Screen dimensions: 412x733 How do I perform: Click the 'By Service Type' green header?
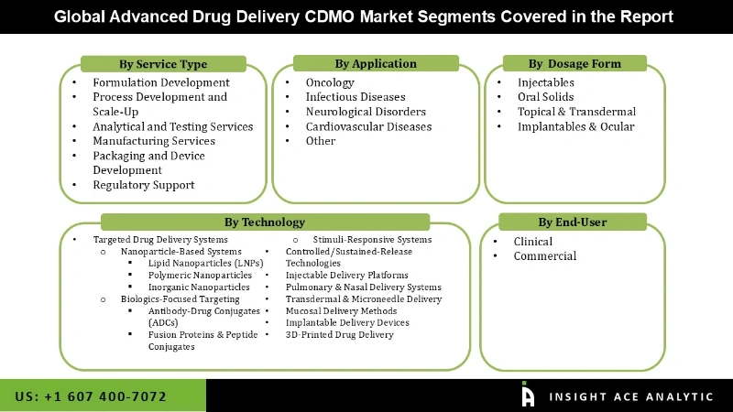tap(163, 64)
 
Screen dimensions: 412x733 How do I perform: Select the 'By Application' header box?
tap(376, 64)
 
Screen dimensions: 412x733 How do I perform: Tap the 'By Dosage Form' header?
tap(574, 64)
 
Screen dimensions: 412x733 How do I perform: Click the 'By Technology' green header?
tap(265, 222)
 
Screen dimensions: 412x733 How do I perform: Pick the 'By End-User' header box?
tap(573, 222)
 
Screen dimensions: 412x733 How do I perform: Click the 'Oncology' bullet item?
tap(331, 82)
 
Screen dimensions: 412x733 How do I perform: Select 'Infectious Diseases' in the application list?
tap(356, 97)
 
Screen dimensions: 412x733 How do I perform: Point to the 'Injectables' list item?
tap(546, 82)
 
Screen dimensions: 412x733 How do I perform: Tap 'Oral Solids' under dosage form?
tap(546, 97)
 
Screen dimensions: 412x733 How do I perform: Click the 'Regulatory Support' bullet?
tap(144, 185)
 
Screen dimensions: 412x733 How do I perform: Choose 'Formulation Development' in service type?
tap(161, 82)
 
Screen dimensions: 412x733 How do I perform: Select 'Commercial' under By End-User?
tap(545, 256)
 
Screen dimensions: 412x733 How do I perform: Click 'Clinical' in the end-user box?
tap(533, 242)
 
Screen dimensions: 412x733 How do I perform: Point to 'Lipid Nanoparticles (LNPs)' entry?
tap(206, 264)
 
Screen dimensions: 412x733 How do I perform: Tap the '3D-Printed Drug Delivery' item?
tap(340, 334)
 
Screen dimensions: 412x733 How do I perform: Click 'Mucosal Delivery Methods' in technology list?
tap(341, 310)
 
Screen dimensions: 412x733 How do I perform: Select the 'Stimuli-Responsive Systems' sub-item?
tap(373, 240)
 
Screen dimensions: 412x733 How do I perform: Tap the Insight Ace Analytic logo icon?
tap(528, 395)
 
